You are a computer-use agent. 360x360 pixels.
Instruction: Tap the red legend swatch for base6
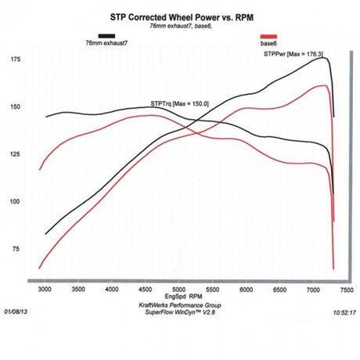pos(268,37)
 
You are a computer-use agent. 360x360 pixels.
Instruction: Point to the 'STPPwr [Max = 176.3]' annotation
pos(294,54)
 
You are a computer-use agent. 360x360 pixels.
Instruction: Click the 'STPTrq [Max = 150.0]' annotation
pos(178,103)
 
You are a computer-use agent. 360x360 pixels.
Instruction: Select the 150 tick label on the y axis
pos(15,107)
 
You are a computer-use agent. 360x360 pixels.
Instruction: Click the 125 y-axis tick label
pos(15,154)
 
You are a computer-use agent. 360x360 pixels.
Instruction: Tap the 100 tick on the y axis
pos(15,201)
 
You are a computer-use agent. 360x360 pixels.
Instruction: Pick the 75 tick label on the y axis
pos(16,248)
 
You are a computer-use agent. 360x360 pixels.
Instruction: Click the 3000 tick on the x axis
pos(45,289)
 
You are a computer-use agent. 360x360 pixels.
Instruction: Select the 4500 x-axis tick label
pos(146,289)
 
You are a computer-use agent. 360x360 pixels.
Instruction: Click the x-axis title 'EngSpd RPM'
pos(181,297)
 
